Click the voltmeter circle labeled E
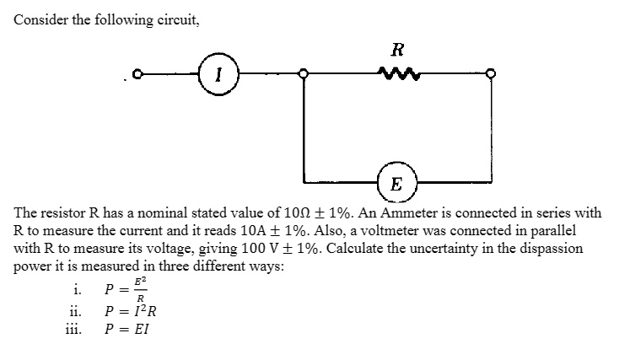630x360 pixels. (396, 182)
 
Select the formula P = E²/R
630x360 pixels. (125, 293)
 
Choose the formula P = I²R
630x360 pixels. (127, 314)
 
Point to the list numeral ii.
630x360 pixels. (73, 314)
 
